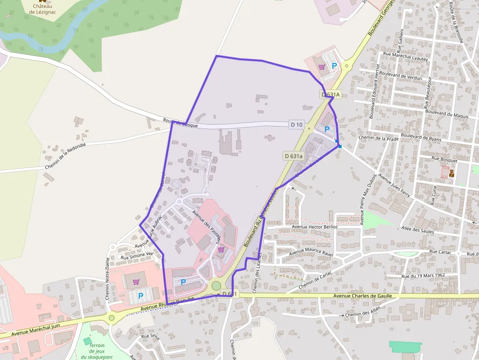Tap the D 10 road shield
point(296,125)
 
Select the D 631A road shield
point(330,94)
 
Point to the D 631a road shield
point(293,156)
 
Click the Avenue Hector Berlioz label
point(315,227)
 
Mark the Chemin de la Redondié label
point(65,156)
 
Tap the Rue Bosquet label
point(445,160)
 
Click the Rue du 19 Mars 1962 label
point(423,276)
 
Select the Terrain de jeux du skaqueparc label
point(97,351)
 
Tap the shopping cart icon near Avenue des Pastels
point(221,249)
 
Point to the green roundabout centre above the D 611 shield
point(216,286)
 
